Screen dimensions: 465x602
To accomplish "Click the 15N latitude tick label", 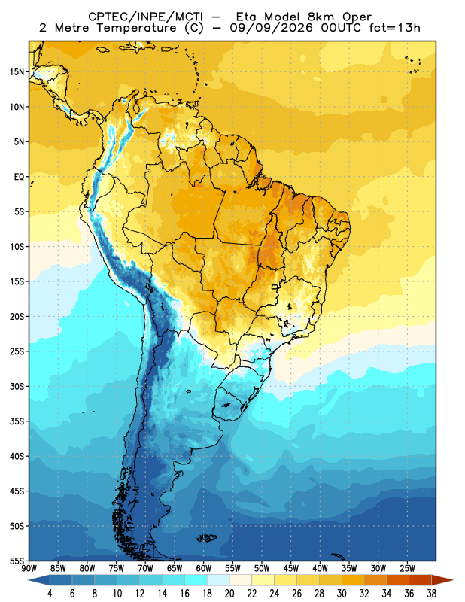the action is coord(17,71).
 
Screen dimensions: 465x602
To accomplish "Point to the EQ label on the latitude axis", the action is coord(20,177).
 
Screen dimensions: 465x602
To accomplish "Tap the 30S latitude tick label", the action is coord(17,386).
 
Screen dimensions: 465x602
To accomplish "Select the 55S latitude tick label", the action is coord(17,561).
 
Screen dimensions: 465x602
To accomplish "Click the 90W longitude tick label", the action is coord(29,568).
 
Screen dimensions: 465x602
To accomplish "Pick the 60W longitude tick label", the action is coord(203,568).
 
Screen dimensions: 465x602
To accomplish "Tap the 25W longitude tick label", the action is coord(407,568).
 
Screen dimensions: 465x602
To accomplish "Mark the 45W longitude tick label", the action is coord(291,568).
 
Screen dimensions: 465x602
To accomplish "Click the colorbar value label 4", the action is coord(50,594).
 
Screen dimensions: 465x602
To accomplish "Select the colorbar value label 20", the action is coord(229,594).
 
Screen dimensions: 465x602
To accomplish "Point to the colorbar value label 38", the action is coord(431,594).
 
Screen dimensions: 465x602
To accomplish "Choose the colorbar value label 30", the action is coord(342,594).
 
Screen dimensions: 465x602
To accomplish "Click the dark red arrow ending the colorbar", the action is coord(442,580).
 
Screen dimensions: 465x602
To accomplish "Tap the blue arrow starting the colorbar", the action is coord(39,580).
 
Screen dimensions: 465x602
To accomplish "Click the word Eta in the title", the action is coord(249,17).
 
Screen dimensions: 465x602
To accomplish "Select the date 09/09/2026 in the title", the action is coord(271,28).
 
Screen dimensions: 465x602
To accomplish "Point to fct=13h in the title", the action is coord(395,28).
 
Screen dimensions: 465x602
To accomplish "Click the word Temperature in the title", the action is coord(136,28).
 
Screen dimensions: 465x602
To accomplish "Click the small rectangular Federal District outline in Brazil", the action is coord(275,287).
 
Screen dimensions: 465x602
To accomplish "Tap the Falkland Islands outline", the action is coord(207,538).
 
